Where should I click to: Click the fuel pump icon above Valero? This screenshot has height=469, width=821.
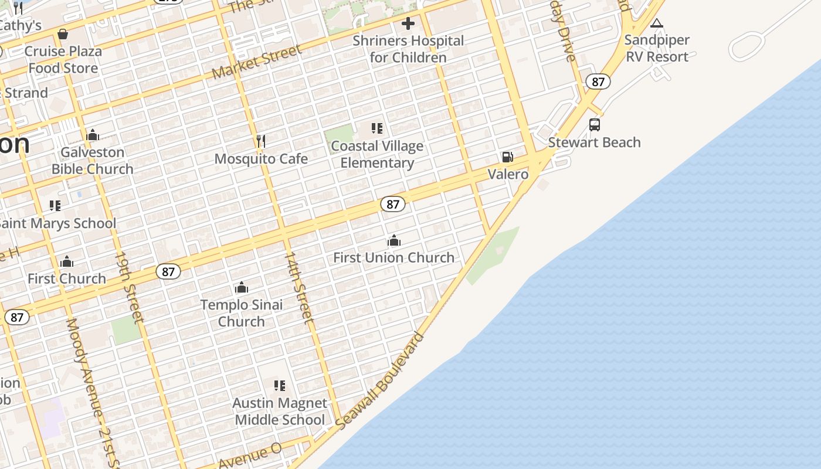pos(507,157)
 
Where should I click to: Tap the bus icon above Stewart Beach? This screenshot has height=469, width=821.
pos(594,125)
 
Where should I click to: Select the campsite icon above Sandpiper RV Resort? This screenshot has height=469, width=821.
pos(657,23)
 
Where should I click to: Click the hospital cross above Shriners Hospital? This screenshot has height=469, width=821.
pos(408,24)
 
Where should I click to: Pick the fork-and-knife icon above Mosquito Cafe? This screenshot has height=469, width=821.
pos(261,141)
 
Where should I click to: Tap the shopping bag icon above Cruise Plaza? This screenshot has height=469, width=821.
pos(63,34)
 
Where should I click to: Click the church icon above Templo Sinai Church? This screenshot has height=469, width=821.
pos(241,287)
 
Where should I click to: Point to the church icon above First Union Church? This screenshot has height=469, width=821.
pos(393,240)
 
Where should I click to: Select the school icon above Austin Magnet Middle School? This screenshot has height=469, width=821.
pos(280,385)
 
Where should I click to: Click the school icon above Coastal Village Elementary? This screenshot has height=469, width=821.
pos(377,128)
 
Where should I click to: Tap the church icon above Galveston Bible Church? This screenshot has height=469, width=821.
pos(93,135)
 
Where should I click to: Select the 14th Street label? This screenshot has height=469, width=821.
pos(298,288)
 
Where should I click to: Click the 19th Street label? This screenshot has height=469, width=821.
pos(128,287)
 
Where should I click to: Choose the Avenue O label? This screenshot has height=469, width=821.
pos(250,457)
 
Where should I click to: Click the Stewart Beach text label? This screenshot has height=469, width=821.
pos(594,142)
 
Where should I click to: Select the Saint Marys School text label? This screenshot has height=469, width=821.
pos(57,223)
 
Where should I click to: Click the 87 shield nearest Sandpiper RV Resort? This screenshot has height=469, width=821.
pos(598,81)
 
